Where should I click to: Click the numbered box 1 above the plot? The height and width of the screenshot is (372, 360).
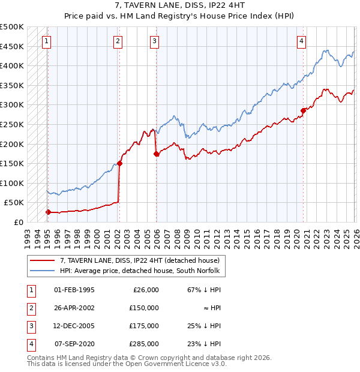click(47, 41)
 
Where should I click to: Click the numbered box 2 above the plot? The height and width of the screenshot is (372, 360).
click(118, 41)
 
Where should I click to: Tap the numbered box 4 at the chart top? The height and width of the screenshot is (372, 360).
click(301, 41)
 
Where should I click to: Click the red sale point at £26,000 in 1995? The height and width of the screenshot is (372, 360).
click(48, 212)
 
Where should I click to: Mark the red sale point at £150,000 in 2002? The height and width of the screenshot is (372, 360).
click(119, 163)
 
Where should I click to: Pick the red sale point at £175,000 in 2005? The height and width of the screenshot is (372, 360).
click(156, 154)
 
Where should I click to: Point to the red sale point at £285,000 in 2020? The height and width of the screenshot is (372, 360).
click(303, 110)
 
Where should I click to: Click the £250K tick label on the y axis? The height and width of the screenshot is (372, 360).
click(12, 124)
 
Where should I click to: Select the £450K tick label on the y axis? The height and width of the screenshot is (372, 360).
click(12, 46)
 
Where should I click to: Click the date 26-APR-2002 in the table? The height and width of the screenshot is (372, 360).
click(74, 308)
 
